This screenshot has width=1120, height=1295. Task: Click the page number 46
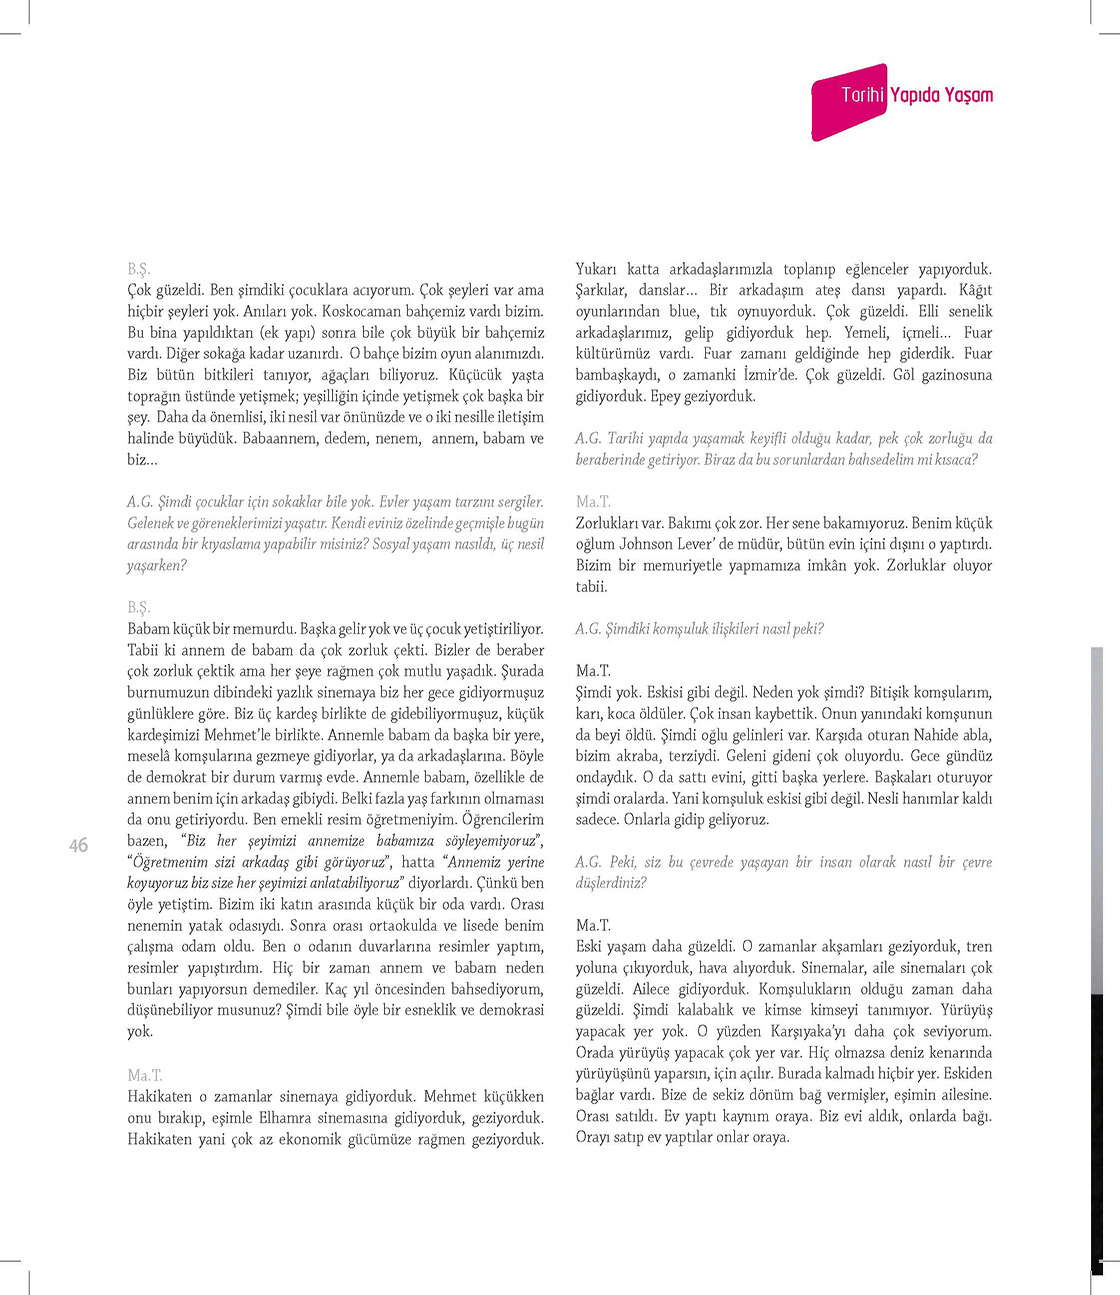click(78, 845)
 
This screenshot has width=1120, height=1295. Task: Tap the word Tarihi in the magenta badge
click(862, 95)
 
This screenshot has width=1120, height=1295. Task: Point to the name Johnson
click(646, 544)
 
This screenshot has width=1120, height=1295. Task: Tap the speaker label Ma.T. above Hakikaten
click(144, 1075)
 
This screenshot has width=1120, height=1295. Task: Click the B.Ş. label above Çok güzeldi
click(138, 269)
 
